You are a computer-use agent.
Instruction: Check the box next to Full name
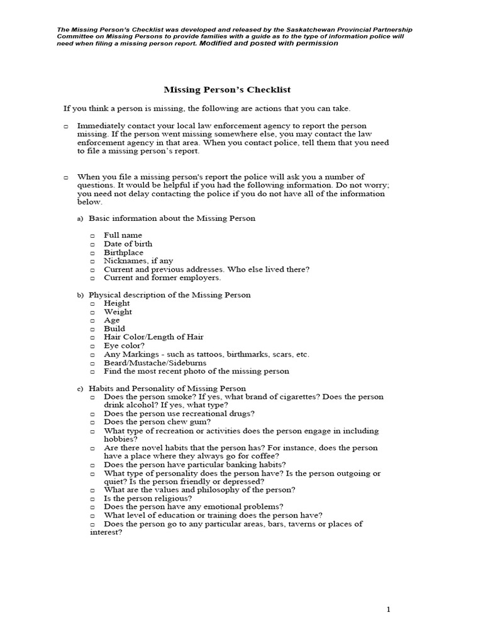[x=92, y=236]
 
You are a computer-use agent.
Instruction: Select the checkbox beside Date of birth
[x=92, y=244]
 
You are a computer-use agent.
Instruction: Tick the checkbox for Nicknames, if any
[x=92, y=261]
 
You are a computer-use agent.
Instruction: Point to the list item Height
[x=117, y=303]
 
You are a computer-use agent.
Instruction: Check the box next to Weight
[x=92, y=312]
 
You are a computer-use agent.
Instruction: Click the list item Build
[x=114, y=328]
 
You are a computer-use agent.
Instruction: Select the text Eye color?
[x=124, y=345]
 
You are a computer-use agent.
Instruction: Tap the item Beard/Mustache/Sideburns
[x=155, y=363]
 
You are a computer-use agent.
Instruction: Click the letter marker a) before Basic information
[x=80, y=219]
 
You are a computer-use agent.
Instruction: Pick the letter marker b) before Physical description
[x=80, y=295]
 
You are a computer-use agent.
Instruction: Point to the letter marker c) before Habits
[x=80, y=389]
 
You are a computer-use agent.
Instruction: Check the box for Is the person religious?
[x=92, y=499]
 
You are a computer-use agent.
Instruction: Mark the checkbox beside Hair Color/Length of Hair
[x=92, y=338]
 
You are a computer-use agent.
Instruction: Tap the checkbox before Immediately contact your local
[x=66, y=126]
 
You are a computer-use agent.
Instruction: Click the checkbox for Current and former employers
[x=92, y=278]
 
